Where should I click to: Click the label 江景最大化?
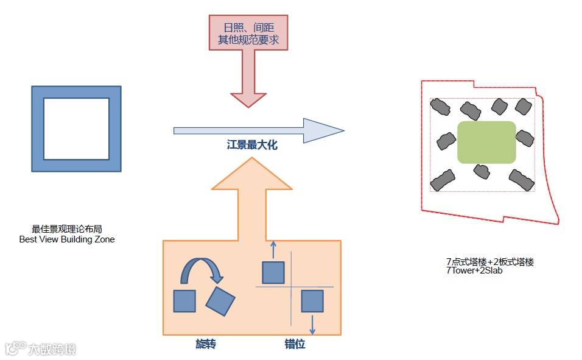click(252, 146)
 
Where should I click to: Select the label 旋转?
click(206, 345)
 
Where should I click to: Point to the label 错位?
click(295, 345)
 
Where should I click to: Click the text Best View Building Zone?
click(67, 239)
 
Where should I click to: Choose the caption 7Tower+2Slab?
click(474, 270)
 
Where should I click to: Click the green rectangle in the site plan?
click(486, 142)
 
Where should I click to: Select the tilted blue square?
click(220, 301)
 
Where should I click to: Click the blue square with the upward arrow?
click(273, 272)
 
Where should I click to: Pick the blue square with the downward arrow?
click(312, 301)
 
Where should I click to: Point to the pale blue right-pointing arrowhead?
click(323, 130)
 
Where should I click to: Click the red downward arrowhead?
click(248, 99)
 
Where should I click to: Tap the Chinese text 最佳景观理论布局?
click(67, 230)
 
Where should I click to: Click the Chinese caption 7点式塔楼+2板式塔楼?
click(489, 262)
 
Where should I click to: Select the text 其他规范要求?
click(248, 40)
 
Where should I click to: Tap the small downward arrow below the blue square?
click(312, 324)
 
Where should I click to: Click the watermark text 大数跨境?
click(52, 349)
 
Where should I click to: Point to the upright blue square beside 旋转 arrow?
click(184, 301)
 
